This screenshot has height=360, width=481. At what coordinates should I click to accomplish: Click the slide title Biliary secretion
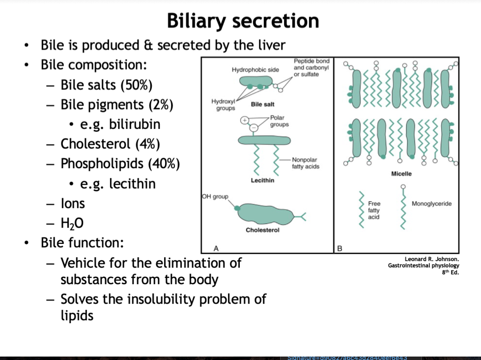(243, 21)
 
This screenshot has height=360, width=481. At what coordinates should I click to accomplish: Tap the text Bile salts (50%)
(106, 85)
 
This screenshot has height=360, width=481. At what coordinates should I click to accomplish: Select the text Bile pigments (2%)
(117, 105)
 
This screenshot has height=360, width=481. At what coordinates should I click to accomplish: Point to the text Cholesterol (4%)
(110, 144)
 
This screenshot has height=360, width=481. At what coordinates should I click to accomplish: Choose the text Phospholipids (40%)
(120, 164)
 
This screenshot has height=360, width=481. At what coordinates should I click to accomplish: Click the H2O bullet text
(72, 224)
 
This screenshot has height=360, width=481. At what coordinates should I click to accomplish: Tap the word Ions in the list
(73, 204)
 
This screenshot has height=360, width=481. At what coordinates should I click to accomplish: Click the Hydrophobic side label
(255, 70)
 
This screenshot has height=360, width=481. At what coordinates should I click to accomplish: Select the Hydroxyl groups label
(223, 104)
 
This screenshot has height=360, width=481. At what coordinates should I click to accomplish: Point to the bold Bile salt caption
(262, 104)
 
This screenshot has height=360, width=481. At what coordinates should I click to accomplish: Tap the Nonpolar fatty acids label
(305, 163)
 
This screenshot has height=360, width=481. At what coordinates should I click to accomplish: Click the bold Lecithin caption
(262, 180)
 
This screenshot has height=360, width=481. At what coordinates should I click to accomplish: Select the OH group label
(215, 197)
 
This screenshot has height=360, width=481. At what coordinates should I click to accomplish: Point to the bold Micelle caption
(401, 174)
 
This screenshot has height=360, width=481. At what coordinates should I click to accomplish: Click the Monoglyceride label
(431, 204)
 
